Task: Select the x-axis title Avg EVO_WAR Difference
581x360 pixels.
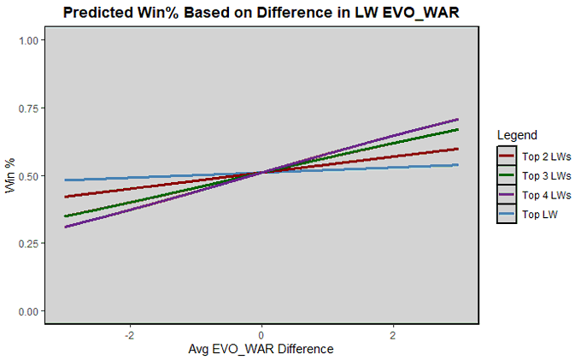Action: click(x=261, y=349)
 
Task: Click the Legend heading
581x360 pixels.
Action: click(x=516, y=135)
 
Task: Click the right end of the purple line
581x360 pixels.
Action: click(x=458, y=120)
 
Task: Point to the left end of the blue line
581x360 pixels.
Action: click(x=65, y=180)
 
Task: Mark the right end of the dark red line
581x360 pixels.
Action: click(x=458, y=149)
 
